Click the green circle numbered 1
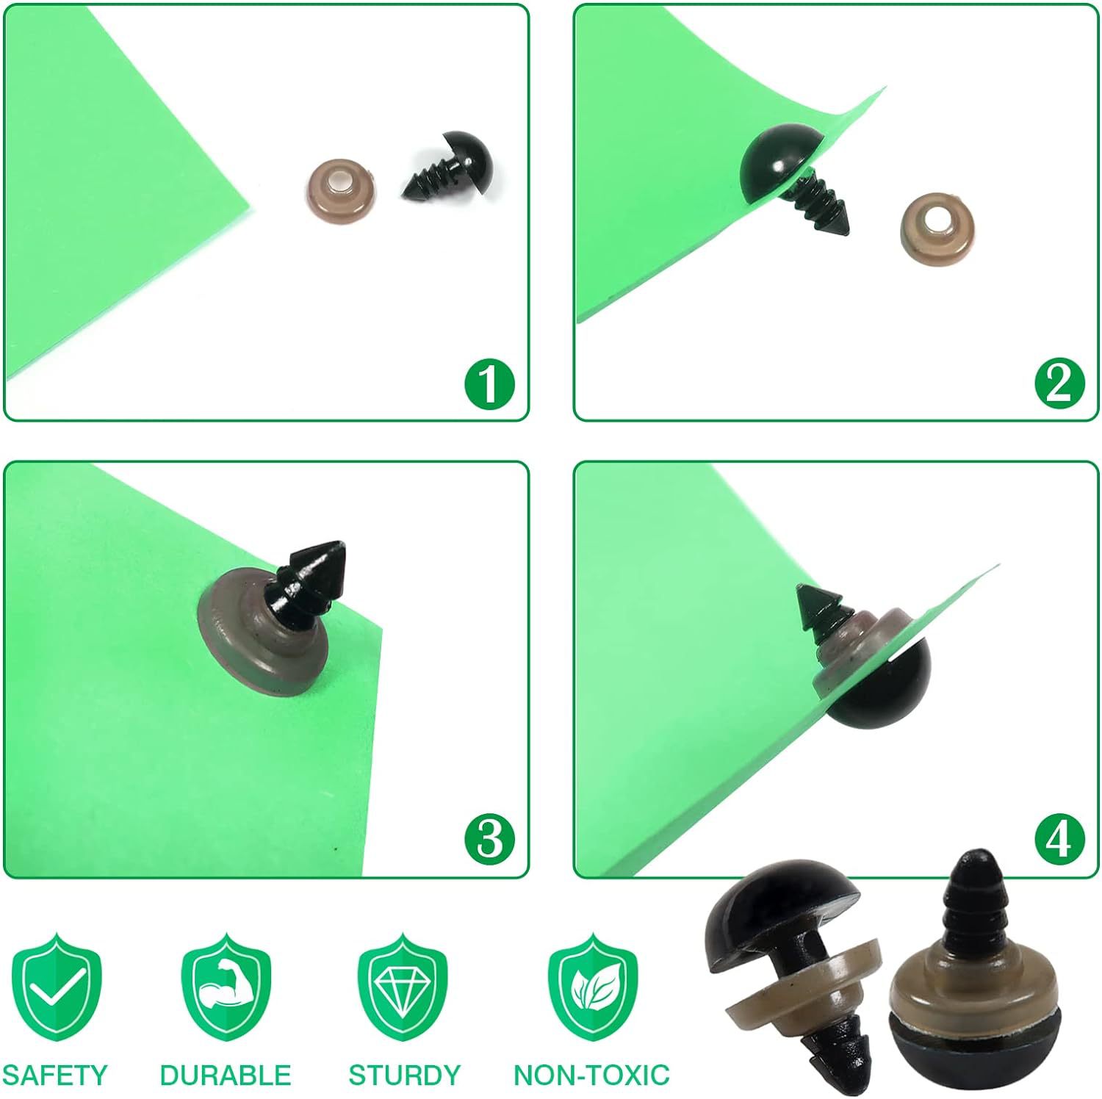[490, 383]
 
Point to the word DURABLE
[226, 1075]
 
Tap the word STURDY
[404, 1075]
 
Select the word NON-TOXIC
[591, 1075]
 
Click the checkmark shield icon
[57, 984]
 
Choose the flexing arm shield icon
[226, 984]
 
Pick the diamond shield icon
[403, 984]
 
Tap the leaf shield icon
[593, 984]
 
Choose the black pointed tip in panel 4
[819, 607]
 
